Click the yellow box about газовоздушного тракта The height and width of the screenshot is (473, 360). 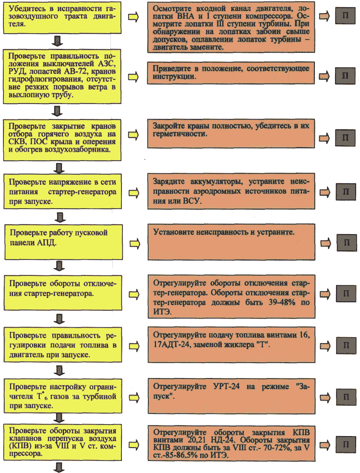[62, 17]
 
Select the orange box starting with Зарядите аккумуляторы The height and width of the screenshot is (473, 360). [231, 191]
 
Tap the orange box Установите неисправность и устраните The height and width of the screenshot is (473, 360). [231, 242]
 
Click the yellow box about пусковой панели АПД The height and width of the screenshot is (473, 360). [63, 242]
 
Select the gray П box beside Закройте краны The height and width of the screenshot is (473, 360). [345, 138]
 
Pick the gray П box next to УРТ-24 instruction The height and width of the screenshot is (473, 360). [346, 397]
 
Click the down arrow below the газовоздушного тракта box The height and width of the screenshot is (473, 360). [57, 41]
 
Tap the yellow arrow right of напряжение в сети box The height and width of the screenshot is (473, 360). [134, 193]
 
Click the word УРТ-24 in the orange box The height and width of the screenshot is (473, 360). [227, 387]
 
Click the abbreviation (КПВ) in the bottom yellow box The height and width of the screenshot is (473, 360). [19, 446]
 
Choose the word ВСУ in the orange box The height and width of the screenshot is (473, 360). [192, 201]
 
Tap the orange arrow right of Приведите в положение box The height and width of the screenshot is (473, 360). [324, 76]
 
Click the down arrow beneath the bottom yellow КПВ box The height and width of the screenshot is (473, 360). [59, 467]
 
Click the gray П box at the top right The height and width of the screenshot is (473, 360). [345, 16]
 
